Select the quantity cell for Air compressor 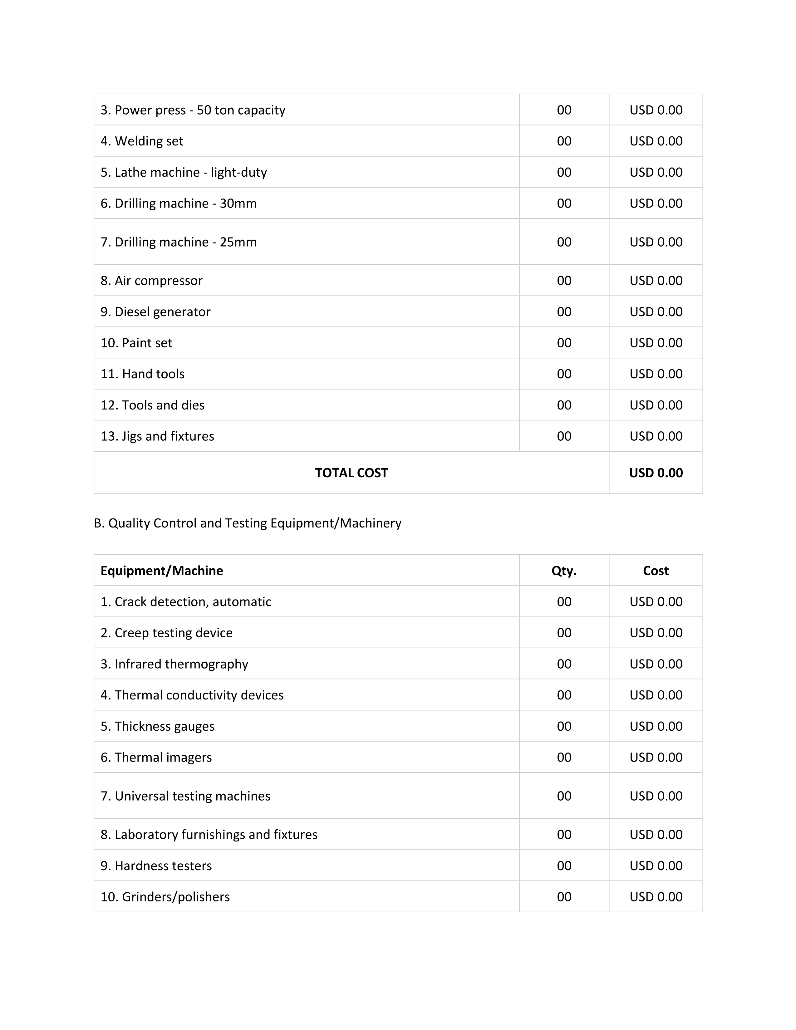[x=564, y=281]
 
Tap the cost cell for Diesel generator [x=656, y=312]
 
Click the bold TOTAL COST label [x=351, y=473]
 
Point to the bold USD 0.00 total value [x=656, y=473]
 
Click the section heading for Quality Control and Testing [x=248, y=523]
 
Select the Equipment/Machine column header [x=162, y=571]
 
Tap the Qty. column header [x=564, y=571]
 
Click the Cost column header [x=656, y=571]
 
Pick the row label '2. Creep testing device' [x=166, y=633]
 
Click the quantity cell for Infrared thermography [x=564, y=664]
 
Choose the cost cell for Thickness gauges [x=656, y=726]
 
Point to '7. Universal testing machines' [x=185, y=796]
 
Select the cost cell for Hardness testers [x=656, y=866]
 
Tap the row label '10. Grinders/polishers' [x=165, y=897]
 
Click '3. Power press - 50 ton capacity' [x=193, y=110]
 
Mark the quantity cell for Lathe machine [x=564, y=172]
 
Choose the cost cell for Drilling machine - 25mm [x=656, y=242]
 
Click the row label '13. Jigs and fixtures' [x=157, y=436]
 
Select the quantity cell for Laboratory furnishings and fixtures [x=564, y=835]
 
